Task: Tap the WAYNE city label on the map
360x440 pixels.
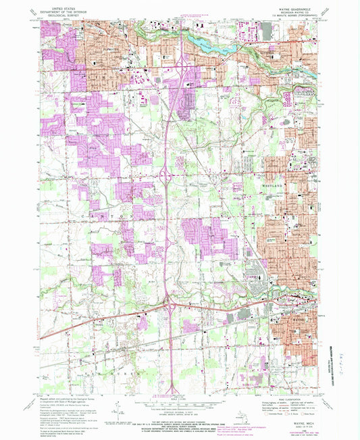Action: coord(301,296)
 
